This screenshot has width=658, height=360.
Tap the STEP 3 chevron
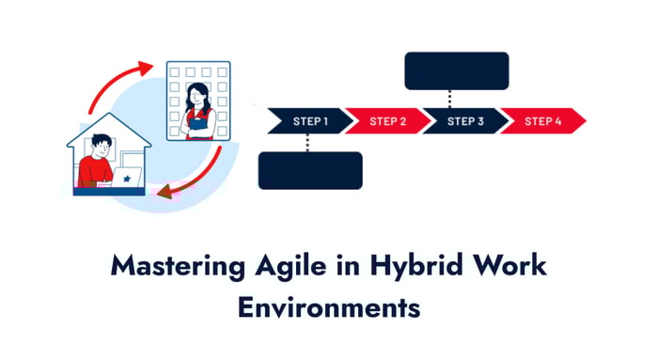pyautogui.click(x=462, y=121)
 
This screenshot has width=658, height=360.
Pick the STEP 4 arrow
pyautogui.click(x=541, y=121)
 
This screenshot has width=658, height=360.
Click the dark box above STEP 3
pyautogui.click(x=456, y=70)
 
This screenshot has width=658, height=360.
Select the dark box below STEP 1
pyautogui.click(x=310, y=170)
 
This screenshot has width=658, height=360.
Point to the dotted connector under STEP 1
pyautogui.click(x=307, y=142)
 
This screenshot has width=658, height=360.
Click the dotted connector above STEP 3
pyautogui.click(x=451, y=98)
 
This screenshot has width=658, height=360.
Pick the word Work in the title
pyautogui.click(x=508, y=266)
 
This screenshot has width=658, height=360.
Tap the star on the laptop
pyautogui.click(x=126, y=176)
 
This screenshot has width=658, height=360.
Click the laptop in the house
pyautogui.click(x=126, y=177)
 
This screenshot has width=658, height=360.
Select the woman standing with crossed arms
pyautogui.click(x=198, y=112)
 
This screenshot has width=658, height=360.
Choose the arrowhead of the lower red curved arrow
pyautogui.click(x=164, y=195)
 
